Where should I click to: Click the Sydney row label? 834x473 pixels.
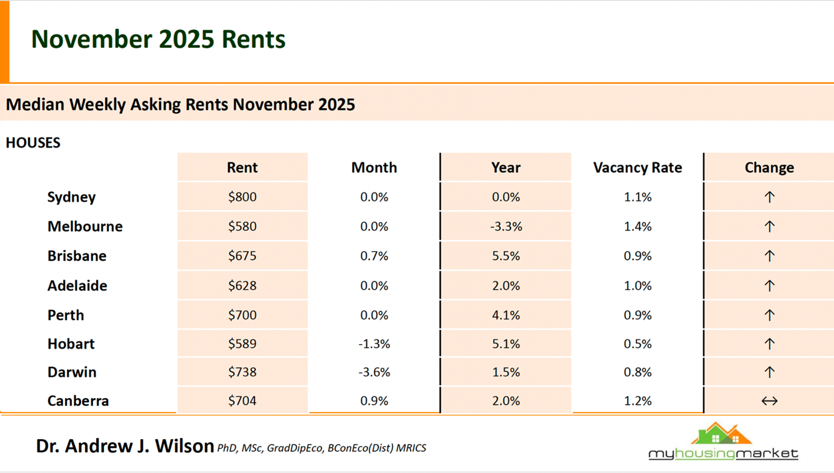[71, 197]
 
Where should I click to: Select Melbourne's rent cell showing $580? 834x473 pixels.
[242, 227]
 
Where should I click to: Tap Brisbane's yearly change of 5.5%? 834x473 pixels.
[506, 256]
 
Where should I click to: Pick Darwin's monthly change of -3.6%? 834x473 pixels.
[374, 373]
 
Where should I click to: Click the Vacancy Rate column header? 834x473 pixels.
[637, 168]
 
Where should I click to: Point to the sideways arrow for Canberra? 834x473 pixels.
[769, 401]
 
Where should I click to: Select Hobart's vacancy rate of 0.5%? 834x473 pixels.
[637, 344]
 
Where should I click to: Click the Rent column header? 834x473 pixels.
[242, 168]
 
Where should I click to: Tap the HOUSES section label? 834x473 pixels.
[33, 143]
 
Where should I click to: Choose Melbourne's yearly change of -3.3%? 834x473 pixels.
[506, 227]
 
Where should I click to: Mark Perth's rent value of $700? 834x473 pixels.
[242, 315]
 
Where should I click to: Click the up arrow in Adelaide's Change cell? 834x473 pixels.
[769, 285]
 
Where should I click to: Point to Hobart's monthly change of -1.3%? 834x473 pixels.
[374, 344]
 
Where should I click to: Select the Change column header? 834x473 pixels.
[769, 168]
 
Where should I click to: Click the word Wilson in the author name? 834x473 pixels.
[184, 446]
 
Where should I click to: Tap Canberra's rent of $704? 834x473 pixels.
[242, 401]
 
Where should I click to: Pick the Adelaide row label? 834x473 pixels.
[77, 285]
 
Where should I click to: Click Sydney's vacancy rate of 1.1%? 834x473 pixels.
[637, 197]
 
